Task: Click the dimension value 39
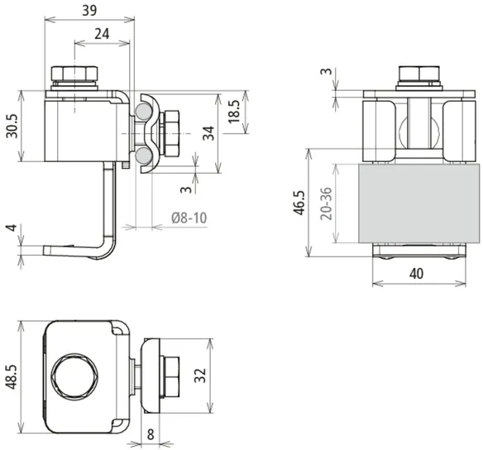click(89, 11)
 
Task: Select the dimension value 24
click(102, 34)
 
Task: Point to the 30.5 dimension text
click(12, 126)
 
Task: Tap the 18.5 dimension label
click(235, 111)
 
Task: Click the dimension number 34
click(208, 133)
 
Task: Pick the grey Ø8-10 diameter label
click(189, 218)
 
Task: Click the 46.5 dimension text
click(299, 203)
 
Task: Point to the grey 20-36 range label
click(327, 203)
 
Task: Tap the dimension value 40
click(416, 274)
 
